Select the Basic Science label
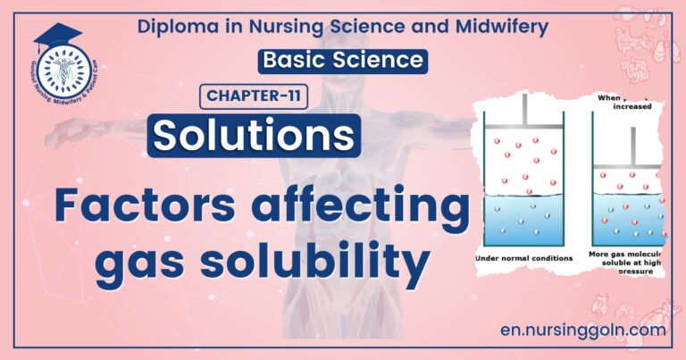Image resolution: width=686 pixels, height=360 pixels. pyautogui.click(x=343, y=61)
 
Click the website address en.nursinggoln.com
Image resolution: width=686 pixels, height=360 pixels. pyautogui.click(x=583, y=329)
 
